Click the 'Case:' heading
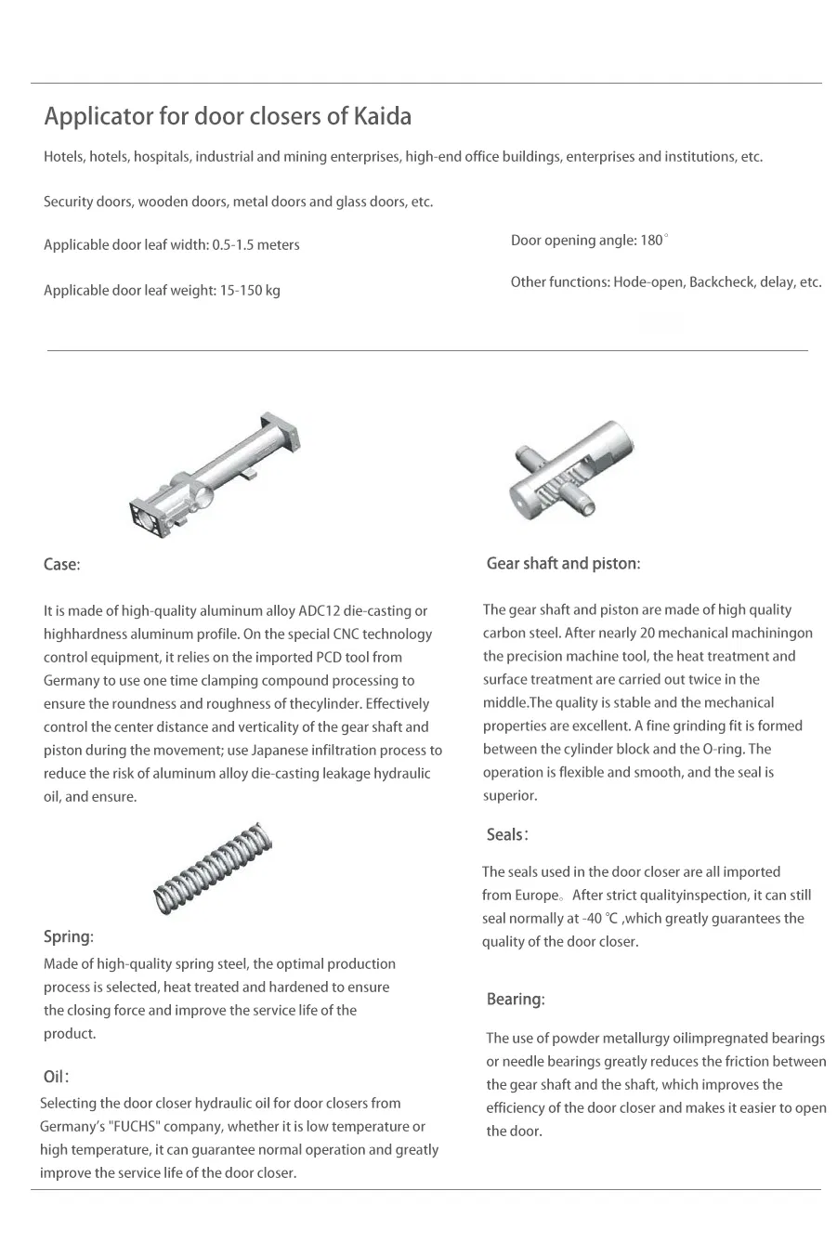(62, 565)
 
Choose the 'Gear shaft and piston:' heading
(563, 564)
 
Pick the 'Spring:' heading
(69, 936)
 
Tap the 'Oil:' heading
(56, 1077)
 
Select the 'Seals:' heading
(507, 835)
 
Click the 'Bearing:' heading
(516, 1000)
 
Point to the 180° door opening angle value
(654, 241)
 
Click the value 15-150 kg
(250, 291)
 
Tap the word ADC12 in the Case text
(319, 611)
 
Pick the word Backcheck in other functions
(722, 282)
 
